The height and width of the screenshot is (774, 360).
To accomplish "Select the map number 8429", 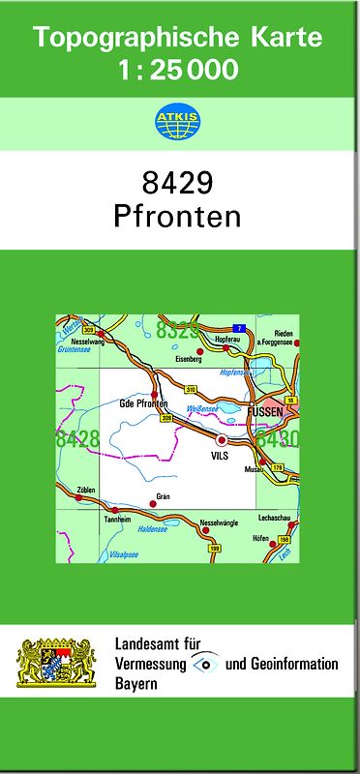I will pos(178,182).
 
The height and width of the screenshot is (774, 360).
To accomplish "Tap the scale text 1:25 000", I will pos(178,71).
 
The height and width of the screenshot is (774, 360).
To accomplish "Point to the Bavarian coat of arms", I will pos(55,663).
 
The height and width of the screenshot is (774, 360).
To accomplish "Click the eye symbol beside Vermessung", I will pos(205,663).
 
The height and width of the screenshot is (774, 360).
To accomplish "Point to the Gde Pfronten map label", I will pos(143,402).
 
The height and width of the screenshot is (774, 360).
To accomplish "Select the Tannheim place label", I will pos(118,520).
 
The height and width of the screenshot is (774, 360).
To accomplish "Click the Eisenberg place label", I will pos(190,359).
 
